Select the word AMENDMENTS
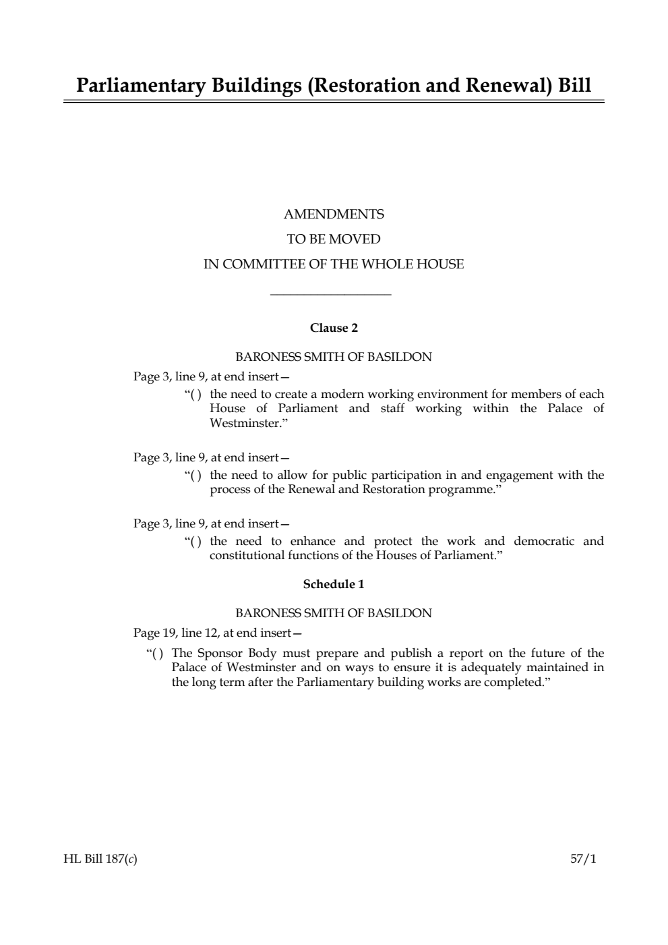(334, 214)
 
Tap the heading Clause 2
(334, 328)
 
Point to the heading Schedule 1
(334, 584)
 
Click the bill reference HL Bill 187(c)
(100, 859)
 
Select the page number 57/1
(583, 859)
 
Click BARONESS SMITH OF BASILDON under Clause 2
(334, 357)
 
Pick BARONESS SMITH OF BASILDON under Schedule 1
(334, 613)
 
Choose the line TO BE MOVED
(334, 239)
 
